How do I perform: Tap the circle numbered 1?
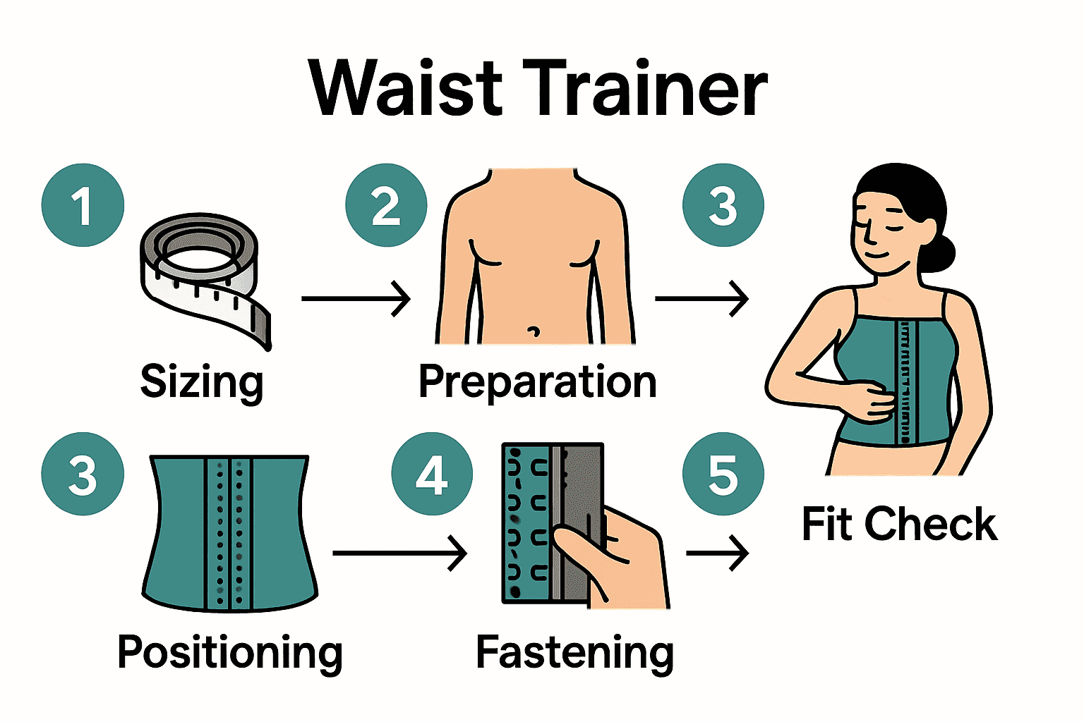pos(83,205)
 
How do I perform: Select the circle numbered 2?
pos(386,205)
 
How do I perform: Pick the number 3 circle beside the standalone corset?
pos(83,474)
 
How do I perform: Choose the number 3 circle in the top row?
pos(723,205)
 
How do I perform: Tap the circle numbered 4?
pos(432,474)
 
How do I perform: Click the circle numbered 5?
pos(723,474)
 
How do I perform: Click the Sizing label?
pos(202,381)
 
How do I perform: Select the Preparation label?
pos(537,381)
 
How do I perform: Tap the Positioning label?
pos(230,651)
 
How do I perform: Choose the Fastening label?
pos(574,651)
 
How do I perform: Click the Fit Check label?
pos(899,524)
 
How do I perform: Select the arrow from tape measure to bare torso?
pos(356,298)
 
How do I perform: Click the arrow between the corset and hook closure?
pos(399,553)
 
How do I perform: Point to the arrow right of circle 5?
pos(717,553)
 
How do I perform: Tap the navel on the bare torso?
pos(534,330)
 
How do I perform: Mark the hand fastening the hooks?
pos(621,557)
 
